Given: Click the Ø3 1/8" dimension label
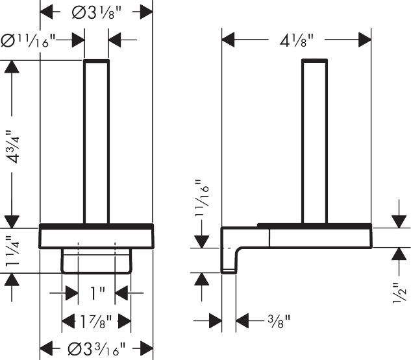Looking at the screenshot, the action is point(97,12).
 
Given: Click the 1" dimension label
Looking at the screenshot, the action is point(97,293).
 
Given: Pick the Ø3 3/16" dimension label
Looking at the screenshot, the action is point(97,349).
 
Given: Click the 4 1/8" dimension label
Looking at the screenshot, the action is point(297,41).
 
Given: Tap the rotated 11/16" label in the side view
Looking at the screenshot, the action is point(202,198).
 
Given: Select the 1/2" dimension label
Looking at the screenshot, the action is point(399,293).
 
